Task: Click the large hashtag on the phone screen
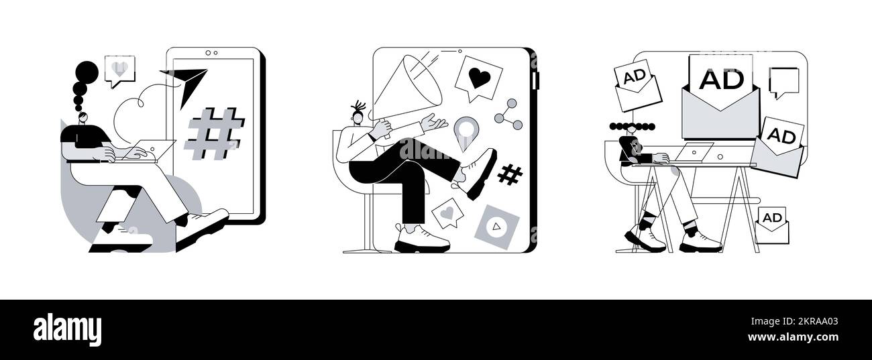click(x=214, y=133)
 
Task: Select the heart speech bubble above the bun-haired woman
click(x=119, y=70)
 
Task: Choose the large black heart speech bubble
click(x=478, y=78)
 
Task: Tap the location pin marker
click(x=464, y=131)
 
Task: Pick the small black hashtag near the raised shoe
click(x=510, y=174)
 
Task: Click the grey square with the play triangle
click(x=496, y=226)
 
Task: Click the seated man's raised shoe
click(x=478, y=172)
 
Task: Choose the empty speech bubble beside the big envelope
click(x=783, y=82)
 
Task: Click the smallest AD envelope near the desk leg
click(x=772, y=225)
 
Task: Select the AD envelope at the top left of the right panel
click(x=637, y=86)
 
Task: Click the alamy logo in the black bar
click(x=67, y=329)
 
